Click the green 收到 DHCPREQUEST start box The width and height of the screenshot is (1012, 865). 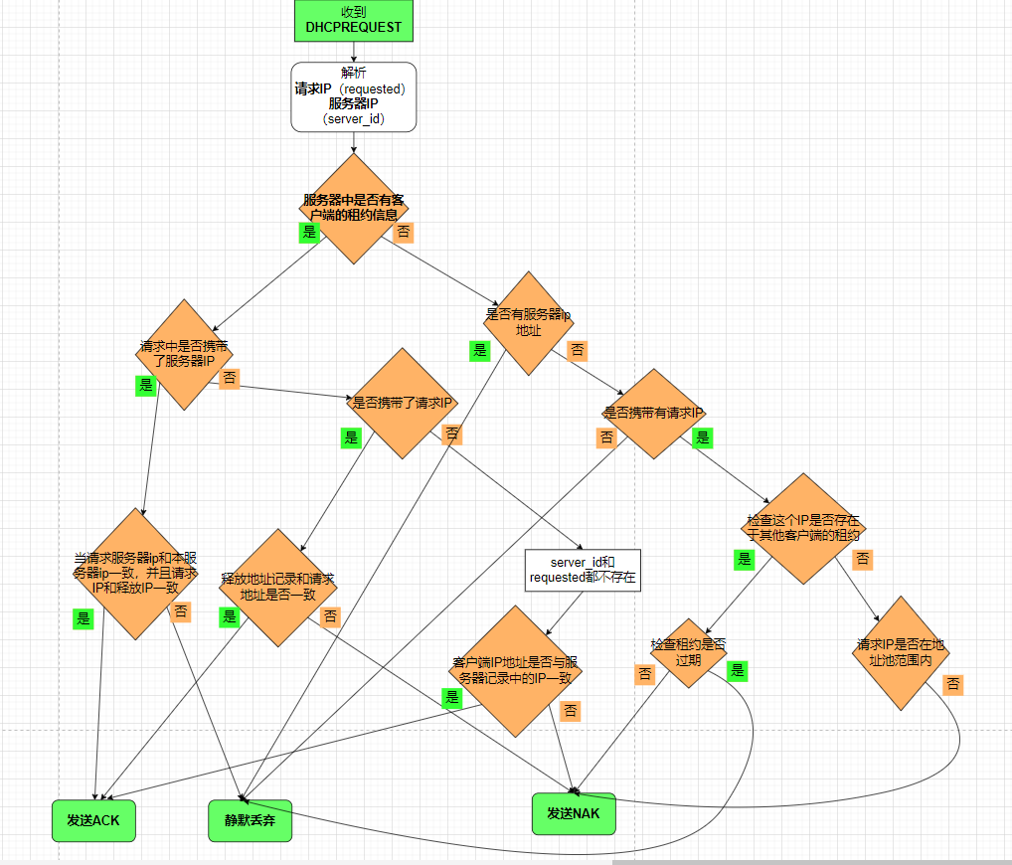354,20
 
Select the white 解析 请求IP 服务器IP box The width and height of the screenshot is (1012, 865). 353,97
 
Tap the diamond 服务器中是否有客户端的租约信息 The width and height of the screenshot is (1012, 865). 354,208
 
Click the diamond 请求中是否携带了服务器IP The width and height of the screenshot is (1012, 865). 184,354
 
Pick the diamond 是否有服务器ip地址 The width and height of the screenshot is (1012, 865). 528,322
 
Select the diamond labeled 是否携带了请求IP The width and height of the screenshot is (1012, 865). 402,404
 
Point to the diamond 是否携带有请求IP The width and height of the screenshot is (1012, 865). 653,414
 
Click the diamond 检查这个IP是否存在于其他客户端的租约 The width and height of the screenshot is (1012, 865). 804,528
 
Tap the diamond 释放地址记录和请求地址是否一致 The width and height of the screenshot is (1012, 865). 277,588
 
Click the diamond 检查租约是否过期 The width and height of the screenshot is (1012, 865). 688,652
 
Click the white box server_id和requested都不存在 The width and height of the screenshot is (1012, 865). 583,570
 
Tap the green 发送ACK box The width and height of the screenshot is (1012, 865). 92,820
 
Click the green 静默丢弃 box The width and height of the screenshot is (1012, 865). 251,820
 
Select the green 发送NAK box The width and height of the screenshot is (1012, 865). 574,813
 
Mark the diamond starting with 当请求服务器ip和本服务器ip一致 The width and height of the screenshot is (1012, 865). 135,574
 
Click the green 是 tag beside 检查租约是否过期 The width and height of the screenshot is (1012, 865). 737,670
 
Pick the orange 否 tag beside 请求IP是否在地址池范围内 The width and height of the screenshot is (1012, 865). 952,684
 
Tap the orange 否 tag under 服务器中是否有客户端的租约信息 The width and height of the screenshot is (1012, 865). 404,233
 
